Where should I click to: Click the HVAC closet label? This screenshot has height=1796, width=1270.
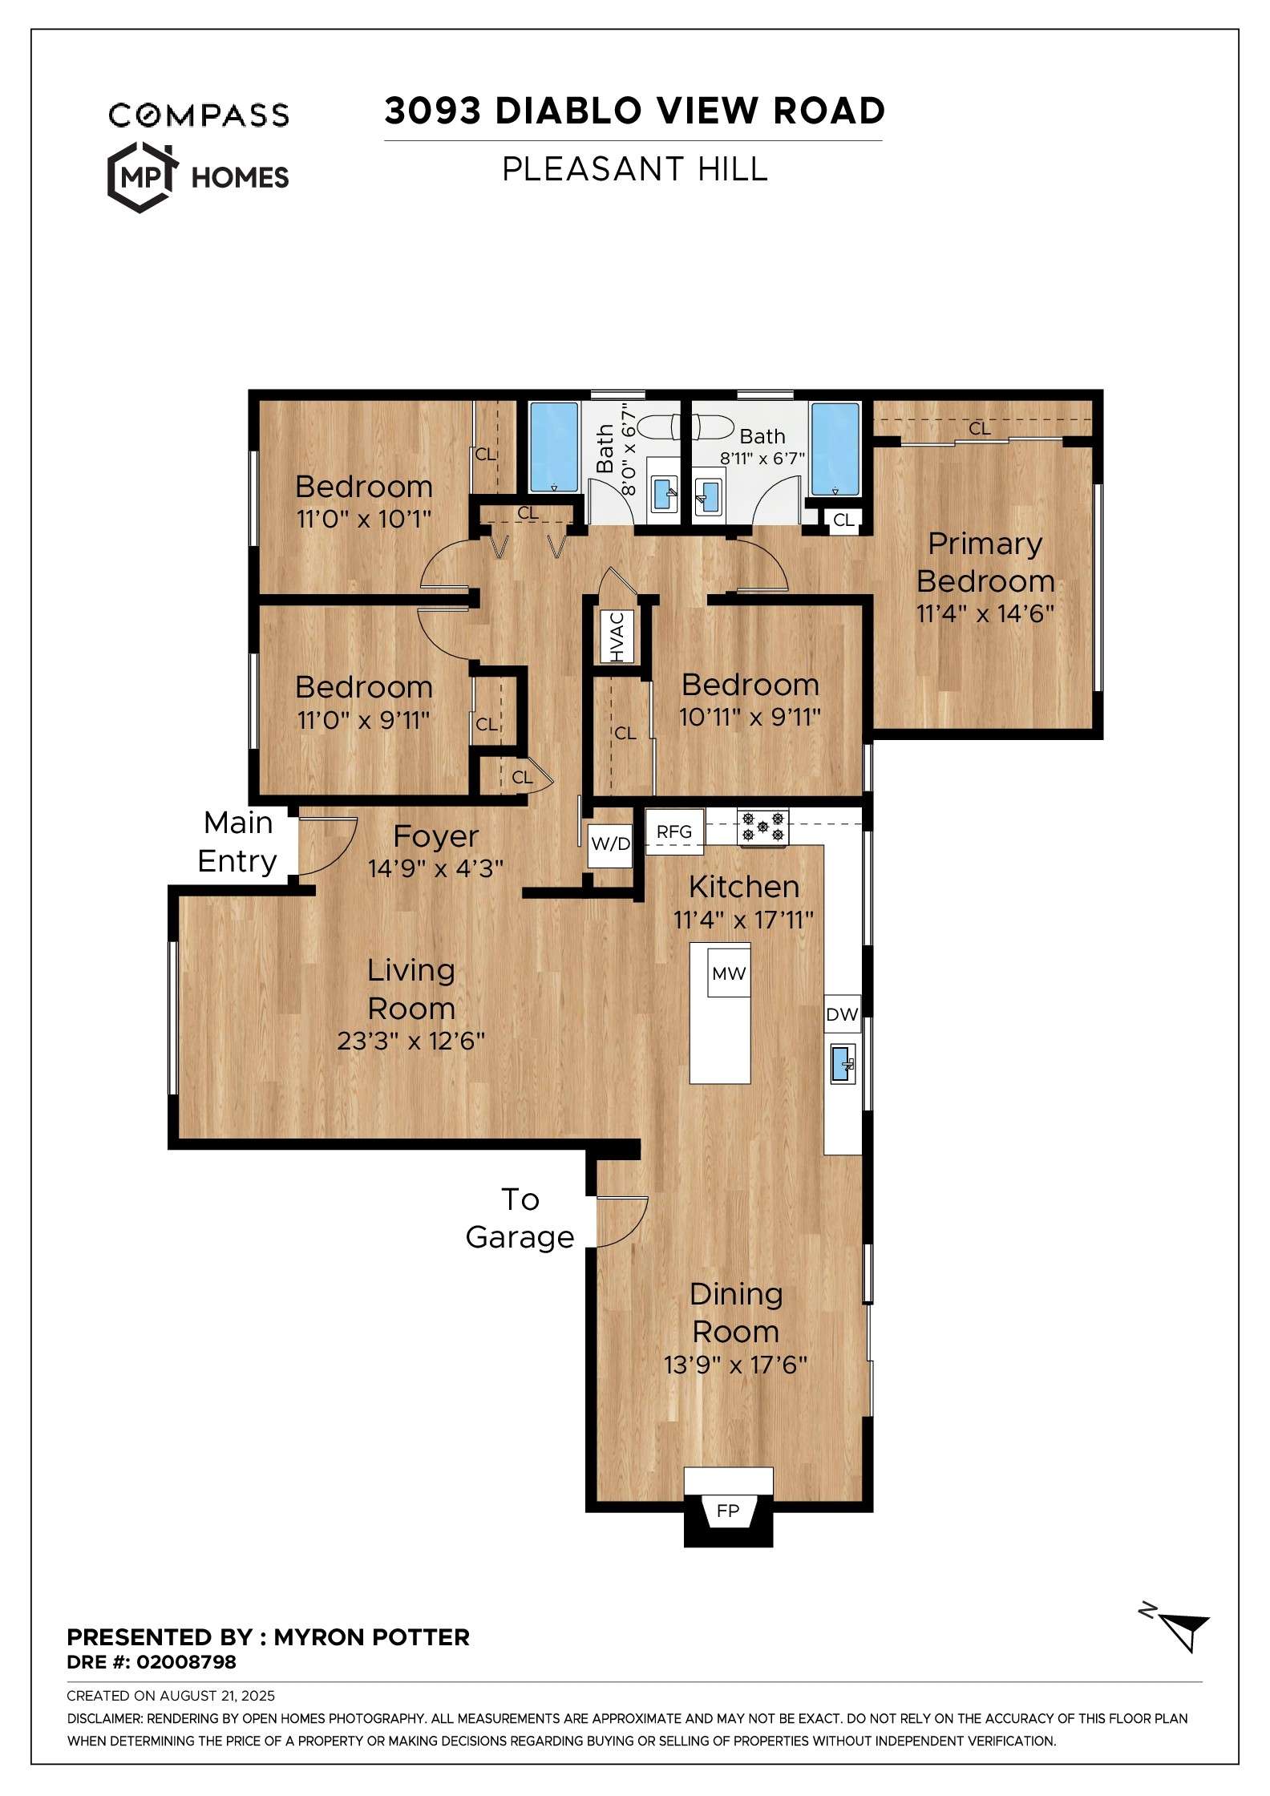617,637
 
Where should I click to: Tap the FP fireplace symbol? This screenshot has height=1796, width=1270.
728,1511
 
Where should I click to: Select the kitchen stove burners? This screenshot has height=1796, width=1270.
762,827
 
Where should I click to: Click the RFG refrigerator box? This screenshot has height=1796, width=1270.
674,832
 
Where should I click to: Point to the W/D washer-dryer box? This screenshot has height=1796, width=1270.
610,844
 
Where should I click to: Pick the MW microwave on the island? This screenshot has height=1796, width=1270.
729,973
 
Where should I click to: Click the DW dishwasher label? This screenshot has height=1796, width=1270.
842,1015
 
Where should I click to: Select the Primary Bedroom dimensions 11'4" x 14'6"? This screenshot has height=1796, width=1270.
985,613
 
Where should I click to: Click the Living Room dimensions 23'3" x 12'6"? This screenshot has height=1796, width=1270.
411,1041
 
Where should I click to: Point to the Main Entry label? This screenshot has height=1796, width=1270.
237,842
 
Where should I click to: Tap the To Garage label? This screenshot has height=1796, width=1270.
520,1218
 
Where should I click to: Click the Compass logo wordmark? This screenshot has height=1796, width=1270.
199,115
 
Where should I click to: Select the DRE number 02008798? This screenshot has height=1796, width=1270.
186,1662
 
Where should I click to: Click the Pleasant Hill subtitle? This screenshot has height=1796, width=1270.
635,169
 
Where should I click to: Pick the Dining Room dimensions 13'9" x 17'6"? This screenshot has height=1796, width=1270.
735,1365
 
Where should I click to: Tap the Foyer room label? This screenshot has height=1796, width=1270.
436,836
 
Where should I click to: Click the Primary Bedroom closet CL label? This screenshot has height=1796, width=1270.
980,429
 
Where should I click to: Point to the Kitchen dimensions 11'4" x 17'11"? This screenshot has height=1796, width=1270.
743,920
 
